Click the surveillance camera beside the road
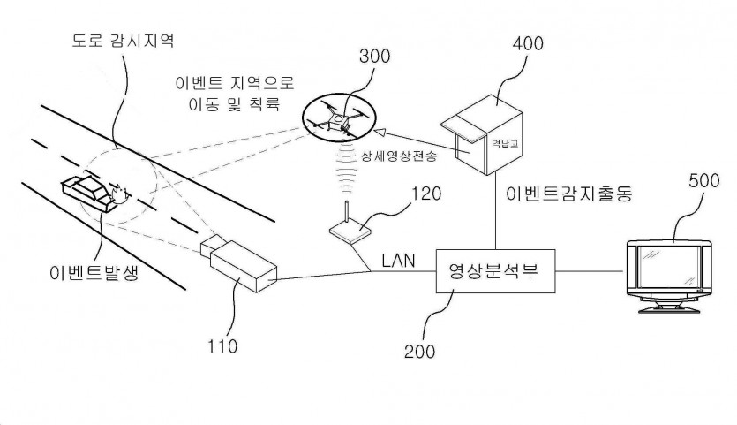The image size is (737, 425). click(x=237, y=263)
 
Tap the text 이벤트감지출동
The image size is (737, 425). click(x=570, y=192)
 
